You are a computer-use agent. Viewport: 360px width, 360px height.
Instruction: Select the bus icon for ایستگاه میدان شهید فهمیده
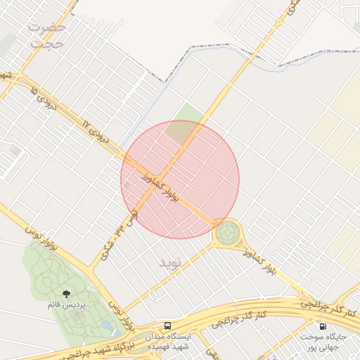tap(167, 325)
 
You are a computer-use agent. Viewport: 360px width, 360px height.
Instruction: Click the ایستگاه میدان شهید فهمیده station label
tap(168, 341)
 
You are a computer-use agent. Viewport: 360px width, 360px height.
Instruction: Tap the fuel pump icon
tap(323, 326)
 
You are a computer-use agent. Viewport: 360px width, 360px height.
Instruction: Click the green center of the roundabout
tap(227, 232)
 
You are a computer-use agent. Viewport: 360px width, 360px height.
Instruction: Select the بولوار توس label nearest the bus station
tap(123, 316)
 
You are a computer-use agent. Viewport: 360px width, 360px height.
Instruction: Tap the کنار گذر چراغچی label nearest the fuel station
tap(328, 305)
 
